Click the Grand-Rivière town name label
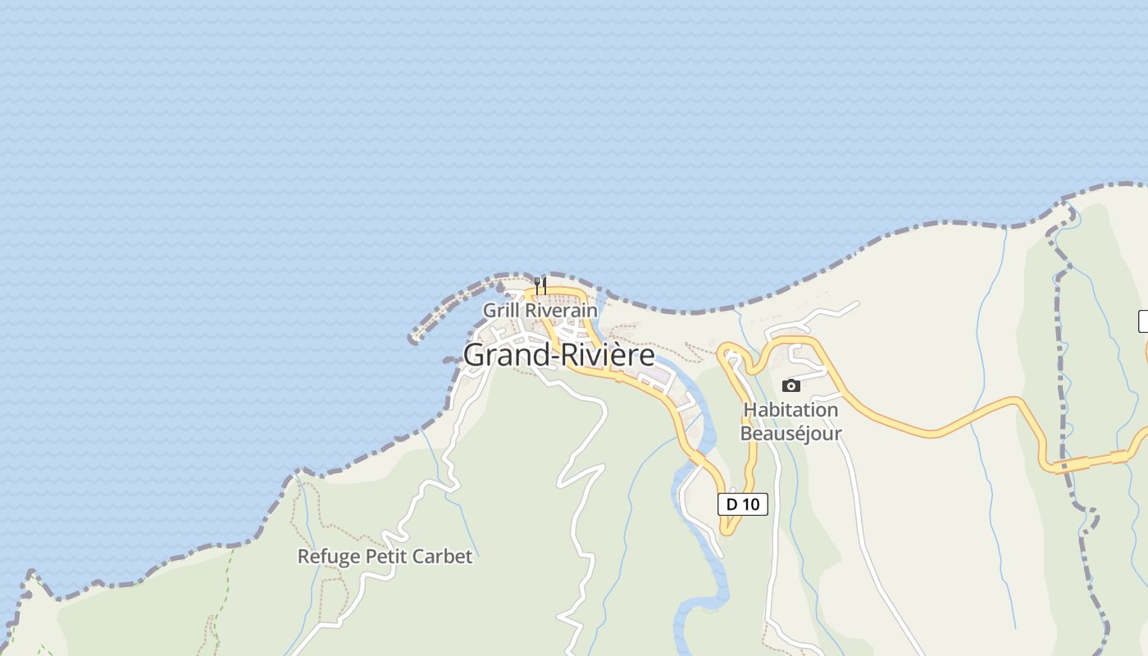[559, 355]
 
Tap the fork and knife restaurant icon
[540, 286]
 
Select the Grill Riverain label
[540, 311]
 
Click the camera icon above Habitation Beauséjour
[790, 385]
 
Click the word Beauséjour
[790, 433]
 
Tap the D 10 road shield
[743, 504]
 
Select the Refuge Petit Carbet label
[385, 557]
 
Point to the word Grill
[501, 311]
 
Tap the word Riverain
[562, 311]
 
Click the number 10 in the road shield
[751, 504]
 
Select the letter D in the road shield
[731, 504]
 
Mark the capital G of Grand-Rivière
[474, 355]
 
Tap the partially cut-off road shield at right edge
[1143, 321]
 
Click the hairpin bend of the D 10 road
[727, 531]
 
